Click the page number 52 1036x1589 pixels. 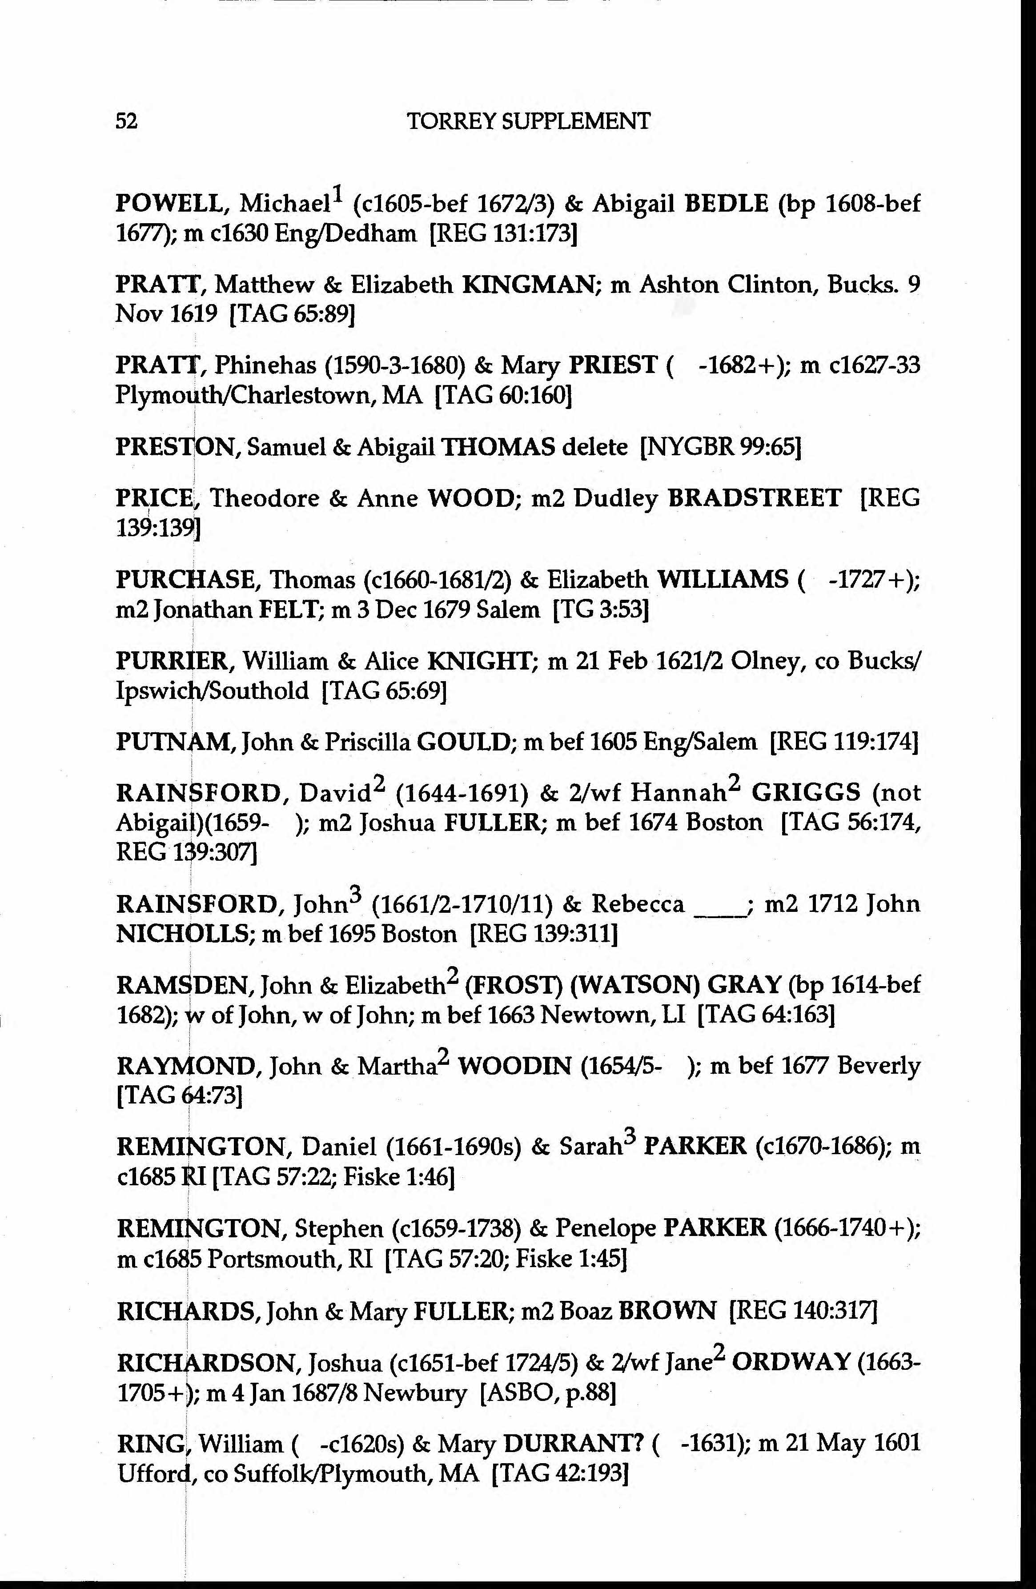click(127, 121)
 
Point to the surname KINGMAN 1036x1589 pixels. click(527, 285)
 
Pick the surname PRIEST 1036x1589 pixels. click(613, 365)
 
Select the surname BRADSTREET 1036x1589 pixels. click(754, 498)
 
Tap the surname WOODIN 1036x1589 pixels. click(514, 1066)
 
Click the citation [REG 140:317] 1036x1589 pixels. click(803, 1311)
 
